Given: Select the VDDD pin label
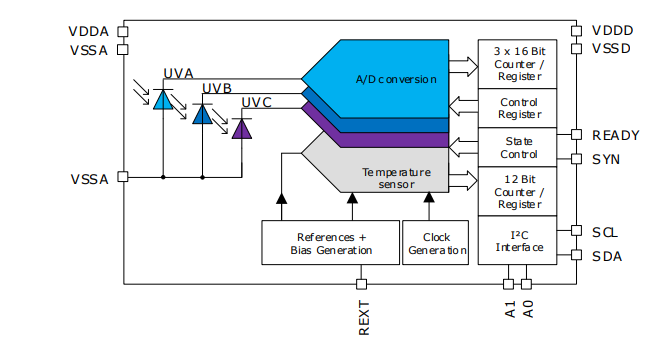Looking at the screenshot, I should click(x=612, y=30).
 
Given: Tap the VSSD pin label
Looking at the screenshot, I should click(x=612, y=48).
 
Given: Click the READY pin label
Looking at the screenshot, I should click(x=616, y=135).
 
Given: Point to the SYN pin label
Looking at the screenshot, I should click(x=607, y=158).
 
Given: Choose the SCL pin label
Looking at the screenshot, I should click(x=605, y=232).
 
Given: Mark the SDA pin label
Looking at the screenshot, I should click(x=606, y=256).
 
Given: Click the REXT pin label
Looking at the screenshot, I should click(x=364, y=317).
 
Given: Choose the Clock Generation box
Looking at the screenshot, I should click(x=436, y=243).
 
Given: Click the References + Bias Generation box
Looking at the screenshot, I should click(x=330, y=243).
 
